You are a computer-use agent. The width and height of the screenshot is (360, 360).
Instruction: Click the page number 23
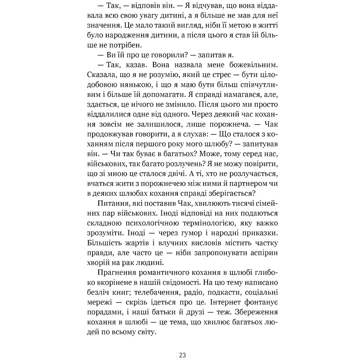point(182,355)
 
